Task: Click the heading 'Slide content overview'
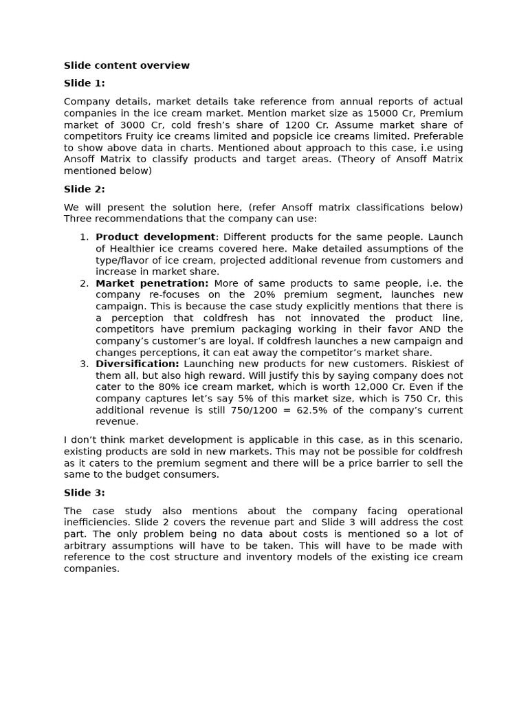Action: pyautogui.click(x=126, y=66)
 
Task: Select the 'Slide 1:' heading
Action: pyautogui.click(x=85, y=83)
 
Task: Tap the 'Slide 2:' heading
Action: pyautogui.click(x=85, y=189)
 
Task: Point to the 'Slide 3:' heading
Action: pyautogui.click(x=85, y=492)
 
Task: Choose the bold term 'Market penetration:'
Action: pyautogui.click(x=152, y=283)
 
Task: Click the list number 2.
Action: pyautogui.click(x=84, y=283)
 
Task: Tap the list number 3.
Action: pyautogui.click(x=84, y=364)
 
